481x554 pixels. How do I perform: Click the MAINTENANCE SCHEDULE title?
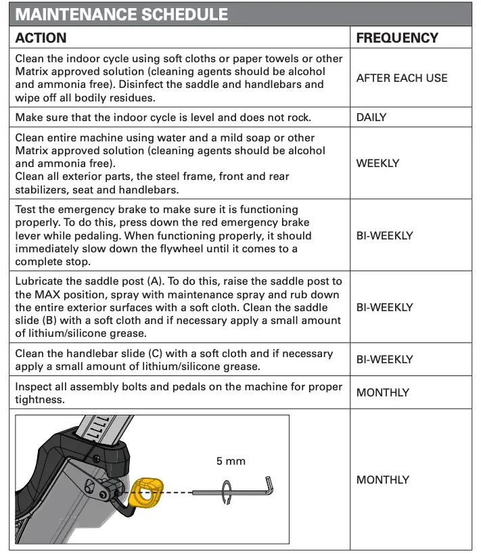[121, 14]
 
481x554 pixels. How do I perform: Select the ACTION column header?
[41, 38]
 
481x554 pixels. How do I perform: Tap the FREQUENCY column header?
[397, 38]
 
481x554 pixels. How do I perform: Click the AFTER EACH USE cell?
[402, 78]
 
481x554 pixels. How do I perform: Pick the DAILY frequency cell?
[371, 118]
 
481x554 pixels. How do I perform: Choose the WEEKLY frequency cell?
[377, 163]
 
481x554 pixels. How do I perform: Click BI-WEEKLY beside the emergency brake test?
[384, 236]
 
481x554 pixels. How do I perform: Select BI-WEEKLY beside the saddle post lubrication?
[384, 307]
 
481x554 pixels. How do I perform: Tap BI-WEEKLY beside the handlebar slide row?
[384, 360]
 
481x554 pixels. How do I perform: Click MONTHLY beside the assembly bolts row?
[382, 392]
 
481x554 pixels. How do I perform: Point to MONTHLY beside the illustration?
[382, 480]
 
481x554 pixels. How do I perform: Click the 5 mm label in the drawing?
[231, 461]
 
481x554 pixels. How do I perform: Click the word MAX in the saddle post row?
[58, 294]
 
